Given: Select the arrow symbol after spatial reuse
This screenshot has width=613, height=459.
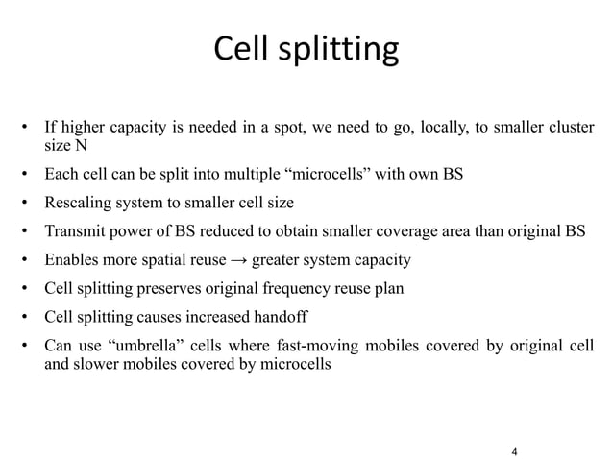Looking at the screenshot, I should pos(235,259).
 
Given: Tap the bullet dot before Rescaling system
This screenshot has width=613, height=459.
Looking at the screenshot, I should pos(27,205).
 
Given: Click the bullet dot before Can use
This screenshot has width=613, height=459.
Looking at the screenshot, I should pos(27,344).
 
